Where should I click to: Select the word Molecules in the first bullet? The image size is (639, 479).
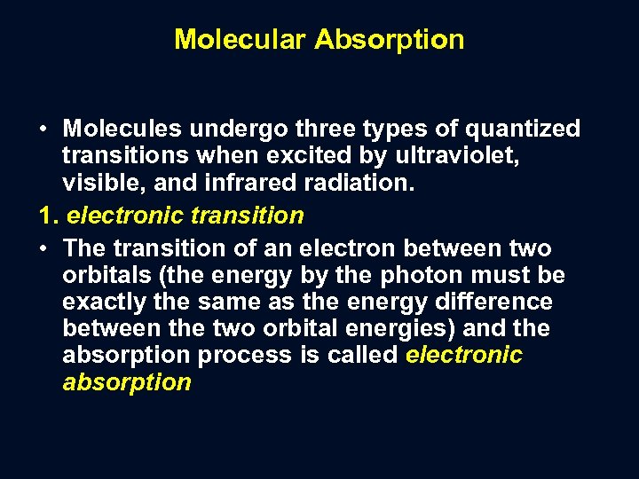click(x=124, y=130)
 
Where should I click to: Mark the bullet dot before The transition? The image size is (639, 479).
click(x=43, y=249)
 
